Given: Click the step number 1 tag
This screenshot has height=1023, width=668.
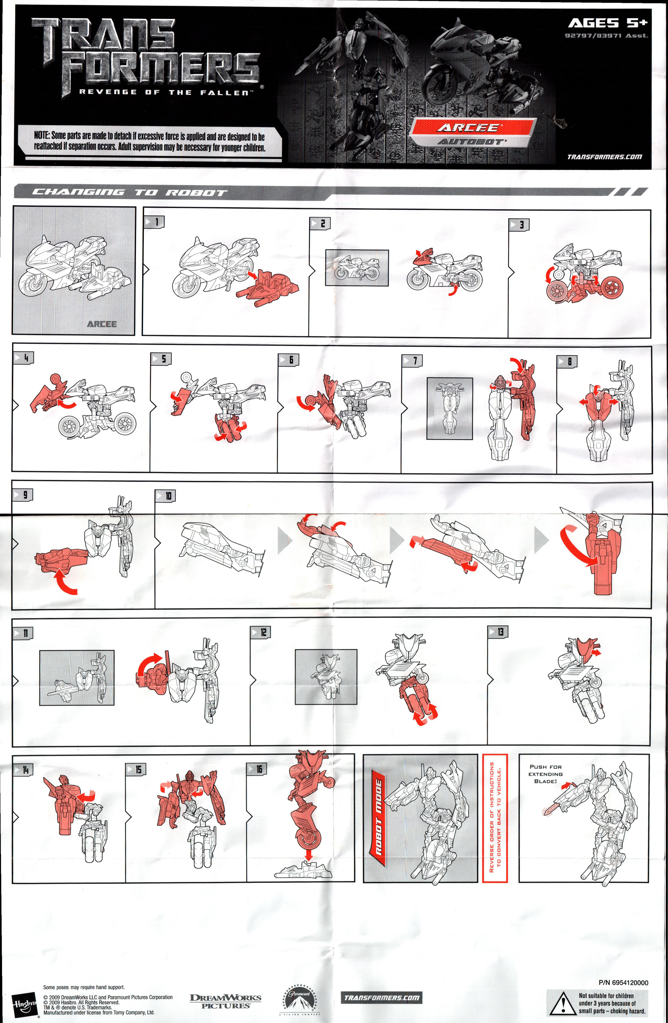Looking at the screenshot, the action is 154,222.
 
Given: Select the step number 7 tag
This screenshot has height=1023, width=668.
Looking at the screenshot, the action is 412,361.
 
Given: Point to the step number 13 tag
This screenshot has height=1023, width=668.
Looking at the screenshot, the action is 498,632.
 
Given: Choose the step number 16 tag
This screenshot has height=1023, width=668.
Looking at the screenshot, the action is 256,769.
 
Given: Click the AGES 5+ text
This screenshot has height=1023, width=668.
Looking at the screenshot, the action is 607,23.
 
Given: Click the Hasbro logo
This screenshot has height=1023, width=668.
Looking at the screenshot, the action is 25,1005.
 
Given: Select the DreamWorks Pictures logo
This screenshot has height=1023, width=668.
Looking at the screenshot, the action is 225,1001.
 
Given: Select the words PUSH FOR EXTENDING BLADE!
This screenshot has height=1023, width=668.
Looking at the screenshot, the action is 546,774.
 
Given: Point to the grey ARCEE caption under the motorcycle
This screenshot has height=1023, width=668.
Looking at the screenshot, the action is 102,324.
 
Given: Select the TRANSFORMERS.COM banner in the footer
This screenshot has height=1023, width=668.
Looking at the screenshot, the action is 382,998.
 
